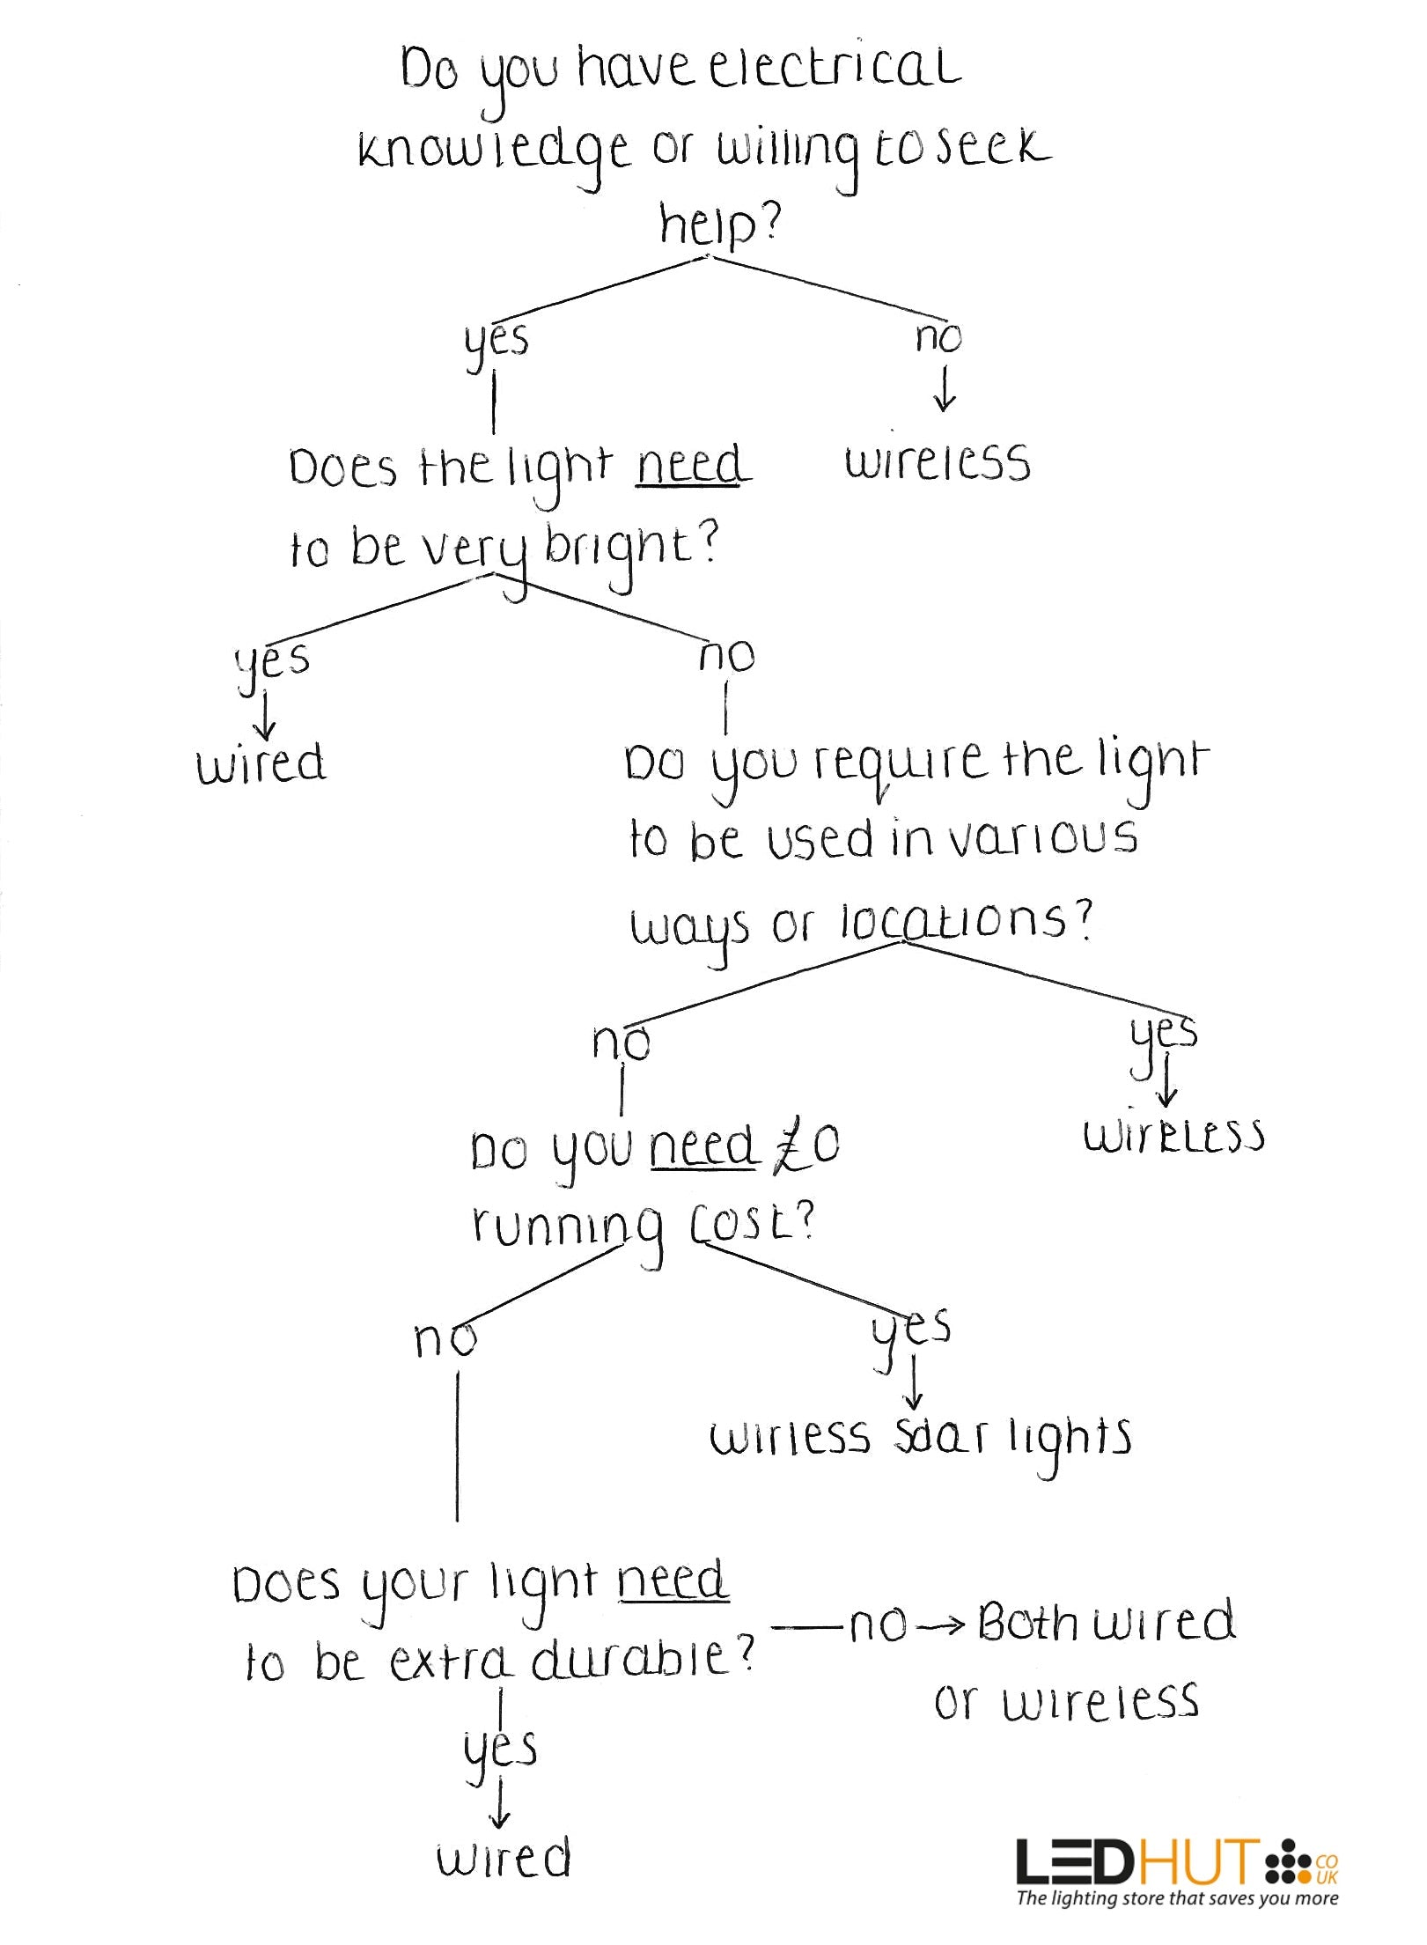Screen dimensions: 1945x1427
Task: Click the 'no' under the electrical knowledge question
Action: click(938, 336)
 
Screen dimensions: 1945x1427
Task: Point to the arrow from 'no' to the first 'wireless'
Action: click(945, 390)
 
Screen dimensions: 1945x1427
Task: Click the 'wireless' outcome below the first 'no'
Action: click(938, 462)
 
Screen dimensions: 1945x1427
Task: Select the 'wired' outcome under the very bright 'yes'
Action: click(261, 763)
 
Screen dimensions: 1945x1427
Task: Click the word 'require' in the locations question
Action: click(899, 763)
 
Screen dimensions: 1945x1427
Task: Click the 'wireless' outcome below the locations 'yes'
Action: click(1173, 1135)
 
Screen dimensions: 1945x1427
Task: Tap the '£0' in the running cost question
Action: click(806, 1146)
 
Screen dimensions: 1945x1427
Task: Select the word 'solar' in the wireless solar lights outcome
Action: click(940, 1437)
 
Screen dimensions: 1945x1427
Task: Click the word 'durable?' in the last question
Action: click(644, 1661)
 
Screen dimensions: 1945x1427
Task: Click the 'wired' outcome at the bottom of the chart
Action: click(504, 1858)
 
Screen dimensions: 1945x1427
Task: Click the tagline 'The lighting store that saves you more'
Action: click(1177, 1898)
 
